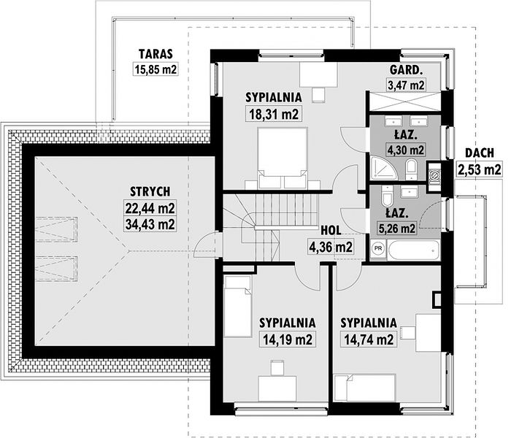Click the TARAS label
pyautogui.click(x=155, y=54)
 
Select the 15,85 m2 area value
pyautogui.click(x=155, y=69)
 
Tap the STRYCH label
pyautogui.click(x=150, y=191)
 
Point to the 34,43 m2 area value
pyautogui.click(x=150, y=224)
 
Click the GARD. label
pyautogui.click(x=406, y=70)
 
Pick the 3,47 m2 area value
pyautogui.click(x=406, y=85)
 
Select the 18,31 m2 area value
pyautogui.click(x=274, y=114)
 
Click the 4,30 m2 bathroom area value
pyautogui.click(x=406, y=149)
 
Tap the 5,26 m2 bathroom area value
pyautogui.click(x=397, y=228)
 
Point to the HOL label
pyautogui.click(x=331, y=231)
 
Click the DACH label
pyautogui.click(x=480, y=153)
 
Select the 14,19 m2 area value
pyautogui.click(x=288, y=339)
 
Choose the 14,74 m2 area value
pyautogui.click(x=369, y=339)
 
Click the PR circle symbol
pyautogui.click(x=379, y=248)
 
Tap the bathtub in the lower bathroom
pyautogui.click(x=414, y=250)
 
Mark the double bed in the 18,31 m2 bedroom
pyautogui.click(x=283, y=158)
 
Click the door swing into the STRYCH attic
pyautogui.click(x=204, y=246)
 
